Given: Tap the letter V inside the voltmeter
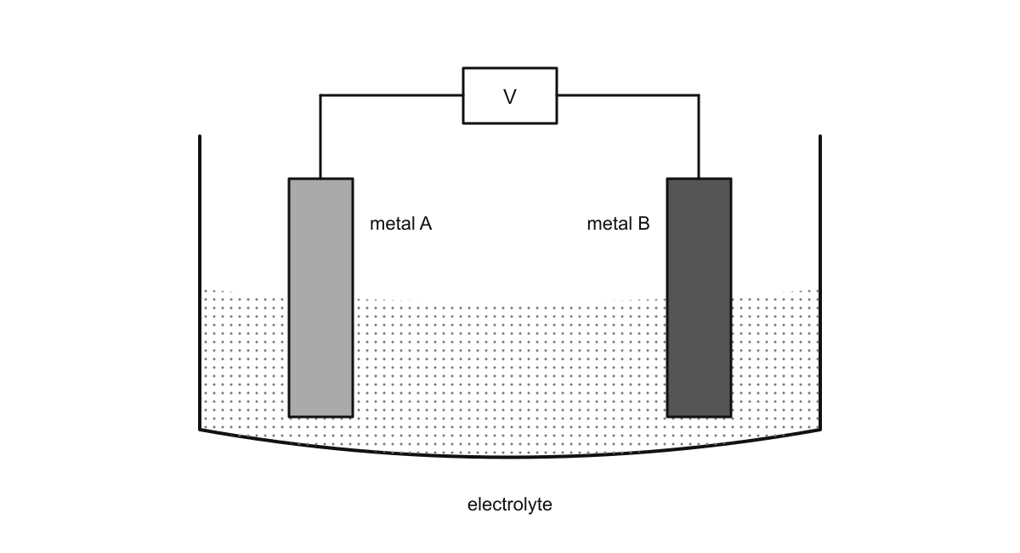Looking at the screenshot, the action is pyautogui.click(x=510, y=97).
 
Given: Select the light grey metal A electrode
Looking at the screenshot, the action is pyautogui.click(x=321, y=298).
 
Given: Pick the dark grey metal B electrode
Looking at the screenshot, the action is pyautogui.click(x=700, y=298).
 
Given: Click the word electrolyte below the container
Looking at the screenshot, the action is pyautogui.click(x=509, y=505).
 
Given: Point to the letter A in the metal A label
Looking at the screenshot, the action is pyautogui.click(x=425, y=224).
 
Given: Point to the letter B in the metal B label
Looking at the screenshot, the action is pyautogui.click(x=643, y=224).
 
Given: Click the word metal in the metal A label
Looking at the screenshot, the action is pyautogui.click(x=392, y=224).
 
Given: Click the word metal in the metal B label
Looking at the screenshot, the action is pyautogui.click(x=609, y=224).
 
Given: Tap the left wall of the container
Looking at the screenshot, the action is pyautogui.click(x=200, y=282).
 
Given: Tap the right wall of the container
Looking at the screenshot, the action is pyautogui.click(x=820, y=282).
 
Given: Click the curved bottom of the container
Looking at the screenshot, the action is pyautogui.click(x=510, y=457).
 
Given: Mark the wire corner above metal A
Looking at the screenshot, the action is pyautogui.click(x=320, y=95).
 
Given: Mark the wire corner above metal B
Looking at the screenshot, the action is pyautogui.click(x=699, y=95).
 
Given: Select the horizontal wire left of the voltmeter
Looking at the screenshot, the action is pyautogui.click(x=392, y=95).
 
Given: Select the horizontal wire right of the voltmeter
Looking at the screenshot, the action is pyautogui.click(x=628, y=95).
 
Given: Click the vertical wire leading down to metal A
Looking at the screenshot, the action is pyautogui.click(x=320, y=137).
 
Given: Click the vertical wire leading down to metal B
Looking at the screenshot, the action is pyautogui.click(x=699, y=137).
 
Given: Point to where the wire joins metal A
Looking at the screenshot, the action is pyautogui.click(x=320, y=179).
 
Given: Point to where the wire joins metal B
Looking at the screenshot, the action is pyautogui.click(x=699, y=179).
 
